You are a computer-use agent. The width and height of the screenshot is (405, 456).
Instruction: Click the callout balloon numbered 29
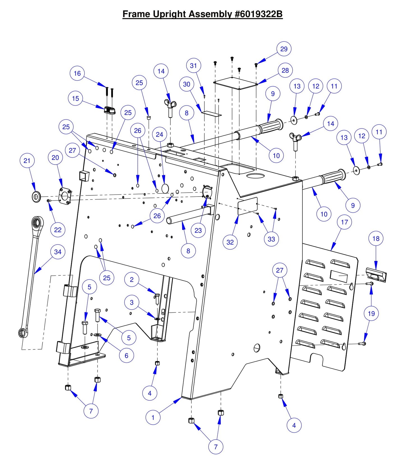point(284,49)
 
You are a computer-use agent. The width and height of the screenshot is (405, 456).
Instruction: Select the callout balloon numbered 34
point(58,252)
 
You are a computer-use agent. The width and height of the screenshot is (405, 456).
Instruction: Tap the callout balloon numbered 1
point(153,417)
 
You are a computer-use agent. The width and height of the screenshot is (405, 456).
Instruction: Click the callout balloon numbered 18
point(376,238)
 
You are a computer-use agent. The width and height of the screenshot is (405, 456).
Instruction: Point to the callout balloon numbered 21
point(27,161)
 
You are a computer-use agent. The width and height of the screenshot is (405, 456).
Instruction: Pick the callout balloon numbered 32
point(230,242)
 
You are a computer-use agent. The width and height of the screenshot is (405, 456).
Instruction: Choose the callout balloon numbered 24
point(159,135)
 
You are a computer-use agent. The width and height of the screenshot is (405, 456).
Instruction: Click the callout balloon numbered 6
point(126,356)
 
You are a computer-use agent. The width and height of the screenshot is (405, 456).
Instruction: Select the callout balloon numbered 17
point(344,222)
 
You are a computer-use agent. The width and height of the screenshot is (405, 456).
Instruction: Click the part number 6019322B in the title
point(259,14)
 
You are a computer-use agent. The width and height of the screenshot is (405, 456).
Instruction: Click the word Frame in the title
point(136,14)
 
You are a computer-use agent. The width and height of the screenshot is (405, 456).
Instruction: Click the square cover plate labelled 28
point(235,83)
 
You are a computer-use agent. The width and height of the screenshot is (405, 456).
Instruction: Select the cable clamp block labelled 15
point(110,110)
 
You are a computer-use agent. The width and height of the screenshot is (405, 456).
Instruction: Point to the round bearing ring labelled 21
point(36,197)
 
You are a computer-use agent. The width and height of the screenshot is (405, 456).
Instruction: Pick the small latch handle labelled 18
point(376,274)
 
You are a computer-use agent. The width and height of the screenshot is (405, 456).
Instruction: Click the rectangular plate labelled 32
point(247,206)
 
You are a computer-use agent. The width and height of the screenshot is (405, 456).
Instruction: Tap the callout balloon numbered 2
point(132,279)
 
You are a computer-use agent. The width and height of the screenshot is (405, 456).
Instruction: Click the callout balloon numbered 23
point(198,230)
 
